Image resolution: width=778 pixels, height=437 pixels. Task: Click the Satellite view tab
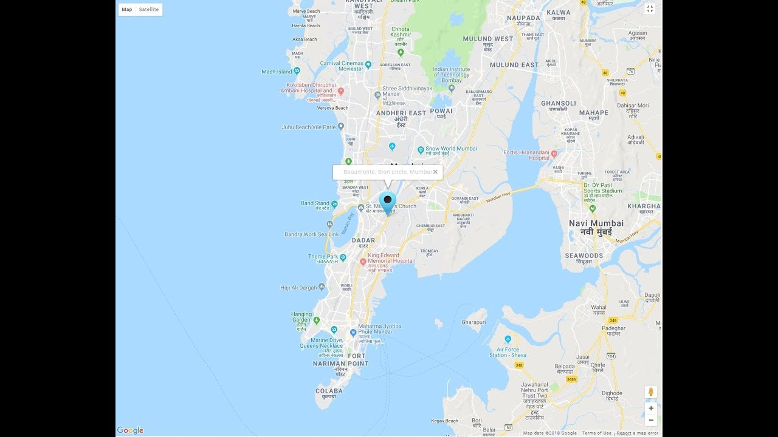tap(149, 10)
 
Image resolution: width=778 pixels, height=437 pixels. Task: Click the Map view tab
tap(127, 10)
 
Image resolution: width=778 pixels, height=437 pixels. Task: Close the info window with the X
tap(435, 172)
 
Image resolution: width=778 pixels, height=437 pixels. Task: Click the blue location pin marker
tap(388, 202)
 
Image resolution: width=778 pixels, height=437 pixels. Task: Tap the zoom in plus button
tap(651, 408)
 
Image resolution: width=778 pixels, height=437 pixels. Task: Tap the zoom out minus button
tap(651, 420)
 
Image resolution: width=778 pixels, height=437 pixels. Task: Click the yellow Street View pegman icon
tap(651, 392)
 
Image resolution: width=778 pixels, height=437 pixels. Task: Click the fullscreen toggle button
tap(650, 8)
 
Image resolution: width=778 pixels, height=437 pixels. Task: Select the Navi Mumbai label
tap(596, 223)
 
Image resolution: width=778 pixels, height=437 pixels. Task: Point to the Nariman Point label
tap(340, 364)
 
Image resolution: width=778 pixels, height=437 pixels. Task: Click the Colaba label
tap(329, 391)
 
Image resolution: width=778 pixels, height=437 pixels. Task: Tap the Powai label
tap(441, 111)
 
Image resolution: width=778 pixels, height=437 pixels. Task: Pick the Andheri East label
tap(401, 113)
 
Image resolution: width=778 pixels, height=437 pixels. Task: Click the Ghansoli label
tap(558, 103)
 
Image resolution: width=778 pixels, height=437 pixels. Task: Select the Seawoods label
tap(584, 256)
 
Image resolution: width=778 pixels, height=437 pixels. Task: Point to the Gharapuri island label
tap(474, 322)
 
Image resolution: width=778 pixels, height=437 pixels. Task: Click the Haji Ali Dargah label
tap(299, 288)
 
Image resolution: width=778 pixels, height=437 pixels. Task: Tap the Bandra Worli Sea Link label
tap(312, 234)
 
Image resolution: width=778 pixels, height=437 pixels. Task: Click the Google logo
tap(130, 430)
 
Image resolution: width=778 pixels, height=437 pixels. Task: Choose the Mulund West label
tap(487, 39)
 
